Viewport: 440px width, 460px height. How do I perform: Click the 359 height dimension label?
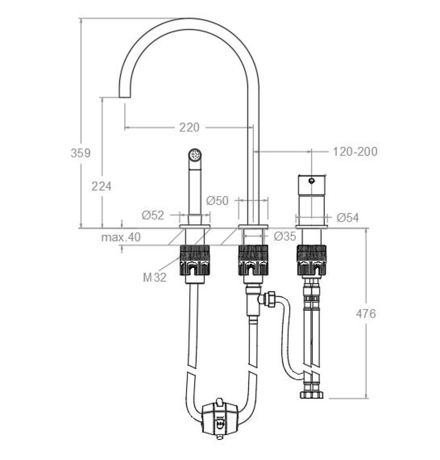81,153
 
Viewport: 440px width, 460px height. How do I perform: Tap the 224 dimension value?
101,186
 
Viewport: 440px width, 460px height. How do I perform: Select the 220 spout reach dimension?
189,127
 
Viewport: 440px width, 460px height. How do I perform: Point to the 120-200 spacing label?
355,152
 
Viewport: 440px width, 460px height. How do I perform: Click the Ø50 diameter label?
217,200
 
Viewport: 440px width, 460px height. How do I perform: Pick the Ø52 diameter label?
153,215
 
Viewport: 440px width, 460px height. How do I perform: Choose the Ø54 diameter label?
348,218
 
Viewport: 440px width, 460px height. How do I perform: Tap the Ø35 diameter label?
285,237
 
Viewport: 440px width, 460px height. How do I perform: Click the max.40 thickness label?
121,237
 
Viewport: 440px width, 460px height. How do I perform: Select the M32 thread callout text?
155,277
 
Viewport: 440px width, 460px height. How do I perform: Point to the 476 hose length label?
366,314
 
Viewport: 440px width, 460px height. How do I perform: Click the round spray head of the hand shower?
195,155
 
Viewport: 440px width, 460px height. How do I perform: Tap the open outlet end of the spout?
125,97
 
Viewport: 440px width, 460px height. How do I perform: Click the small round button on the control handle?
312,181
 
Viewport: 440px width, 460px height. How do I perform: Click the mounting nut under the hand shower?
195,260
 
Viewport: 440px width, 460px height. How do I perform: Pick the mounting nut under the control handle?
312,260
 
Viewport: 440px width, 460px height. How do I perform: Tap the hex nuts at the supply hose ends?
312,395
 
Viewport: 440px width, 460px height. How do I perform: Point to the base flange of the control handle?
312,227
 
